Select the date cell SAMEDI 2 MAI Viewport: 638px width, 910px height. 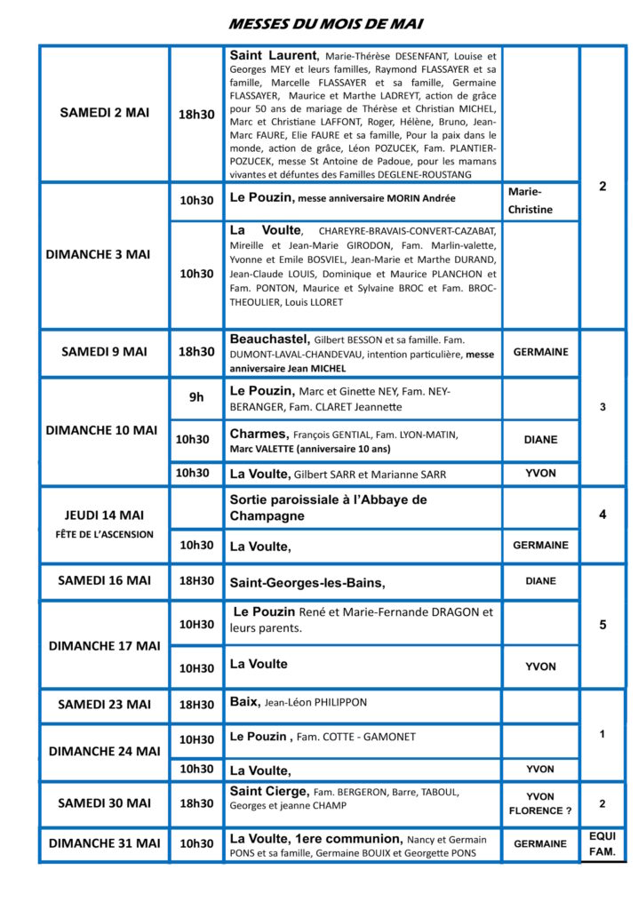click(104, 113)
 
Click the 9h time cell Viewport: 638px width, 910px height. click(196, 397)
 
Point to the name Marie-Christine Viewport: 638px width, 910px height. click(530, 201)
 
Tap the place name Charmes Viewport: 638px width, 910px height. click(259, 434)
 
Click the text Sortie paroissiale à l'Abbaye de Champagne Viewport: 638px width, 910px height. click(328, 507)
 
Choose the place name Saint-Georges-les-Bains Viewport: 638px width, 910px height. click(307, 583)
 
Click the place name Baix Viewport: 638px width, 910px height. click(244, 702)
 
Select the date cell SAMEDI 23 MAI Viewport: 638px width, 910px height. click(104, 705)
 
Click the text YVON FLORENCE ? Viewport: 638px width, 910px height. click(540, 803)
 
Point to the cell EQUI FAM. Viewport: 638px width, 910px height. click(602, 844)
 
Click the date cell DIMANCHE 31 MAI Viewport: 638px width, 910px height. click(104, 842)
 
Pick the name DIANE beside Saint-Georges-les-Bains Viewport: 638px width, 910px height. click(540, 581)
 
